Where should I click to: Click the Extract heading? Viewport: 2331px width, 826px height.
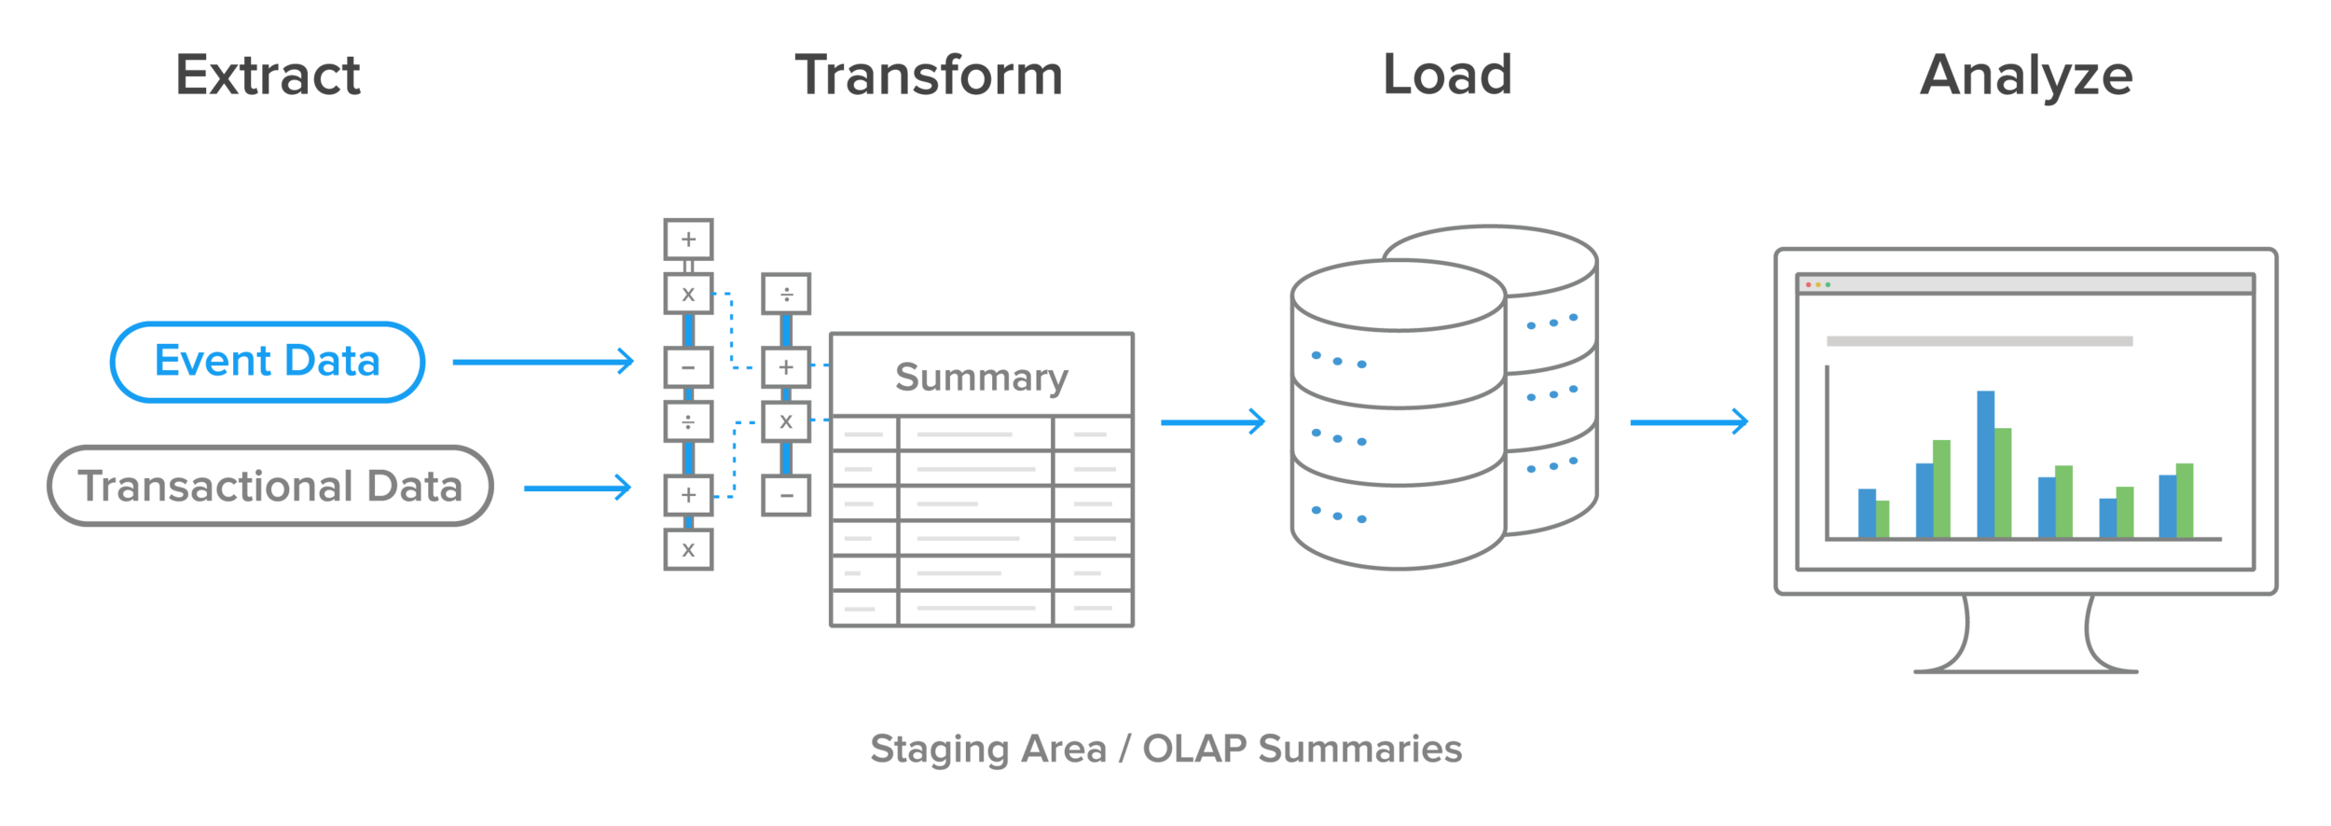coord(268,76)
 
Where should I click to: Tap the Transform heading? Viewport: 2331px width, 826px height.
coord(928,76)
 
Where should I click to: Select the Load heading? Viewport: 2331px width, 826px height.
coord(1446,76)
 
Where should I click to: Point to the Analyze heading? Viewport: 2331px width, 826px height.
coord(2025,76)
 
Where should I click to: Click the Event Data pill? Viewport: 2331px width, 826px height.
coord(268,362)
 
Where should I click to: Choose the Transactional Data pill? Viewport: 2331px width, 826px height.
coord(269,486)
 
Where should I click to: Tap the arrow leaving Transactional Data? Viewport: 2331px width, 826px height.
coord(577,488)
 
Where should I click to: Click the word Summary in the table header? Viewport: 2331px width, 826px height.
coord(981,377)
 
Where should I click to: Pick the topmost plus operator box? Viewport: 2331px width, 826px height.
coord(688,240)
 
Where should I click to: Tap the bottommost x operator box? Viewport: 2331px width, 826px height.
coord(688,550)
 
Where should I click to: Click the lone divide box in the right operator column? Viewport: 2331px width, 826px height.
coord(786,295)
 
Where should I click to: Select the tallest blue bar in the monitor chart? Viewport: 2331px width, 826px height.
coord(1985,464)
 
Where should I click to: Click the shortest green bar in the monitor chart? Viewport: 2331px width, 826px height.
coord(1883,518)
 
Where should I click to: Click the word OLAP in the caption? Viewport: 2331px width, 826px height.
coord(1194,749)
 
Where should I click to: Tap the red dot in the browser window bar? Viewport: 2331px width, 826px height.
coord(1808,284)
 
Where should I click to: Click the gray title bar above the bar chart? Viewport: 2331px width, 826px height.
coord(1979,341)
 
